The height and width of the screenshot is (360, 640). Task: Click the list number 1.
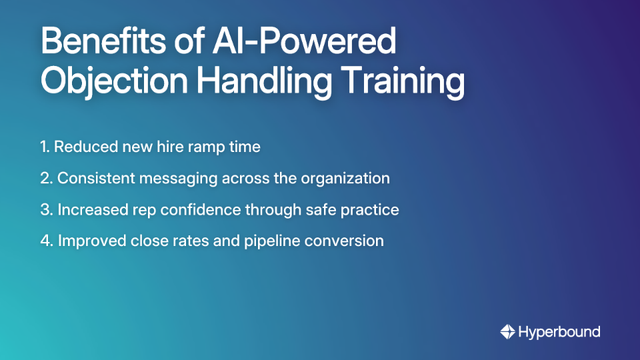click(44, 147)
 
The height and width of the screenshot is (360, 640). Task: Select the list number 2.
click(45, 179)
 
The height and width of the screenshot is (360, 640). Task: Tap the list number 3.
click(45, 210)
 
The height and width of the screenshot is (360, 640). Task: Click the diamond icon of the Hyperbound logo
click(507, 331)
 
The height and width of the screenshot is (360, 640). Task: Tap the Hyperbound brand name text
click(559, 331)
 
